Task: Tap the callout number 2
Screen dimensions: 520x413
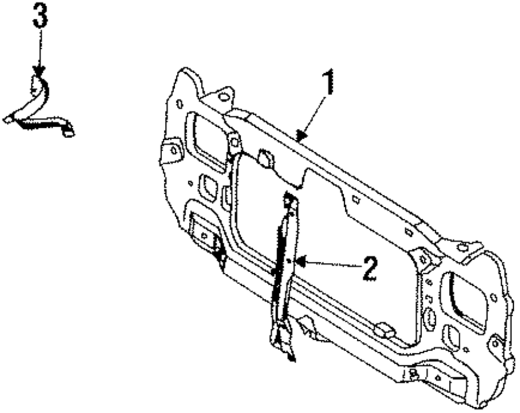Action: pyautogui.click(x=370, y=269)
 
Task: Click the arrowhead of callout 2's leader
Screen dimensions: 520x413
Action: pyautogui.click(x=298, y=262)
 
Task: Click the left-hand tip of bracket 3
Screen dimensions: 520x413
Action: pyautogui.click(x=7, y=119)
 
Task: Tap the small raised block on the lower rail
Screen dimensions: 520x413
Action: pyautogui.click(x=384, y=328)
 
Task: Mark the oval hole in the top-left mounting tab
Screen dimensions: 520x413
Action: pyautogui.click(x=223, y=96)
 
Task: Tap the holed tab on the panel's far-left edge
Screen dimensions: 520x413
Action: pyautogui.click(x=172, y=151)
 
